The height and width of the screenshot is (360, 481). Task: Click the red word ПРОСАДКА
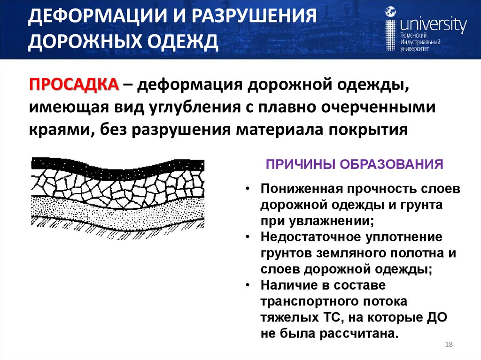74,86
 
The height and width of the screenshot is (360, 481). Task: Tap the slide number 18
448,345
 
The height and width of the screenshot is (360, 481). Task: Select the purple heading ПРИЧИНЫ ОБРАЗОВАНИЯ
355,165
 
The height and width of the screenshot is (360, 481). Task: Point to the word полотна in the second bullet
416,253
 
